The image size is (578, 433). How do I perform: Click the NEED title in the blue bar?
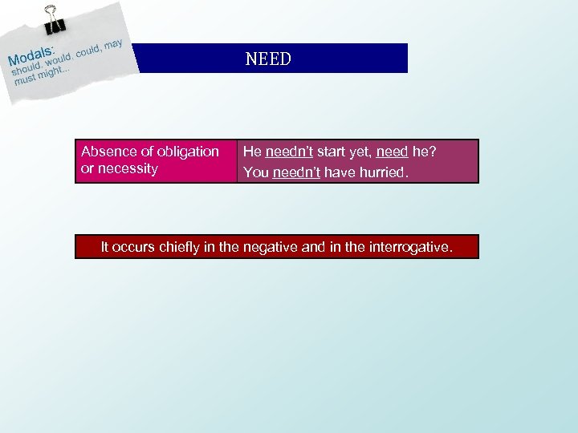pos(268,59)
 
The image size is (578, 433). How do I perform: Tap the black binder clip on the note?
pos(55,18)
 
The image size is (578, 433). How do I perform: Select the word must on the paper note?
pos(25,80)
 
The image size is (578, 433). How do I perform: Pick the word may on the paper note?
pos(113,42)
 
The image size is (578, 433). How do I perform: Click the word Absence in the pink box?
pos(106,152)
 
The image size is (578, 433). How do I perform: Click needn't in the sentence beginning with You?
pos(296,172)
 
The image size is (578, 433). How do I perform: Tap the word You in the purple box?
pos(255,172)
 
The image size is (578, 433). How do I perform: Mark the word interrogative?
pos(410,247)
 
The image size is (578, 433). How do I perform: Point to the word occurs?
pos(133,247)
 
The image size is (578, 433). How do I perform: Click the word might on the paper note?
pos(54,75)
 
